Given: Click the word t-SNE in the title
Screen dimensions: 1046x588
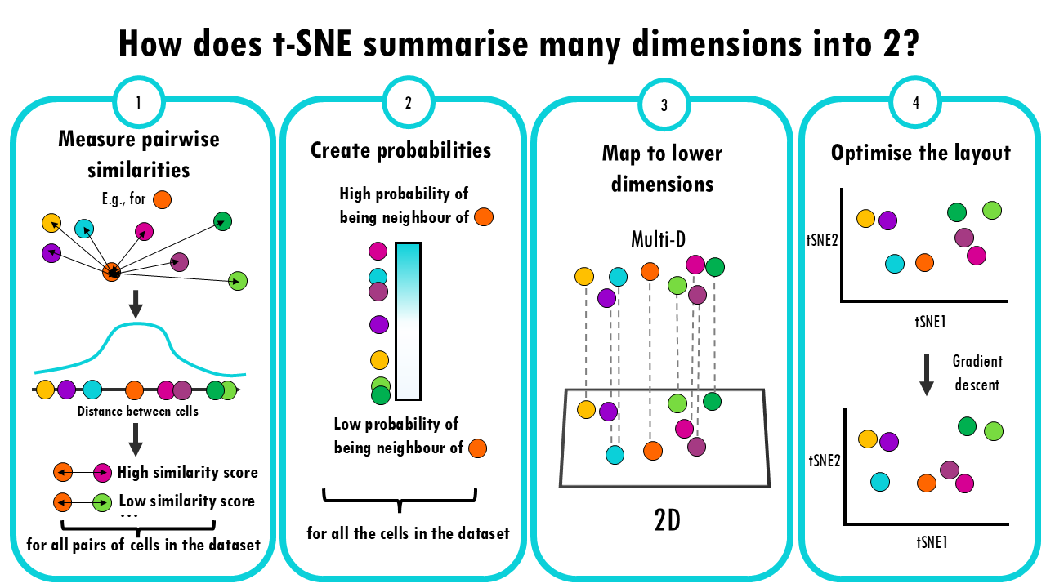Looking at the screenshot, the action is [312, 43].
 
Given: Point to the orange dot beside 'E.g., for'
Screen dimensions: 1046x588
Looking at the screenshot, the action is [162, 199].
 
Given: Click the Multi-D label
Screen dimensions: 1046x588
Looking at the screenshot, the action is [658, 239].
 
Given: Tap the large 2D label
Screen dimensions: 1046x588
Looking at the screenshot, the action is [667, 520].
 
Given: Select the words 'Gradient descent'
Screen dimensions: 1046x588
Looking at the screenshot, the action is [977, 373].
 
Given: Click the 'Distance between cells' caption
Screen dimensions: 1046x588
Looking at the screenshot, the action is [137, 411].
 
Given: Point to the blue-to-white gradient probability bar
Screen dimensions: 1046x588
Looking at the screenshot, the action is [408, 321].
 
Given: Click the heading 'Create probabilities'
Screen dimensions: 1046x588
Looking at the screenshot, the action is [400, 150].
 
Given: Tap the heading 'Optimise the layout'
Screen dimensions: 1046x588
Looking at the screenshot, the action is [920, 153].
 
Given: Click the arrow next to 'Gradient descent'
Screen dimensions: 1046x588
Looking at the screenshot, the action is [927, 375].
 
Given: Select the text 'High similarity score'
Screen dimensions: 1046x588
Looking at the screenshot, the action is [187, 472].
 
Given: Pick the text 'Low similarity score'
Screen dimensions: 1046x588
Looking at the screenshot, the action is [187, 501].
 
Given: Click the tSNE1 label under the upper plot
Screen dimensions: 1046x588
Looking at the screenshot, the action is [930, 322].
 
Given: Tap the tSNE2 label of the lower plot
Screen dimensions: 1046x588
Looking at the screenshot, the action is [825, 461].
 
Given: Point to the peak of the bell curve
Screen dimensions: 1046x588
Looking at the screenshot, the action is [136, 323].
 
